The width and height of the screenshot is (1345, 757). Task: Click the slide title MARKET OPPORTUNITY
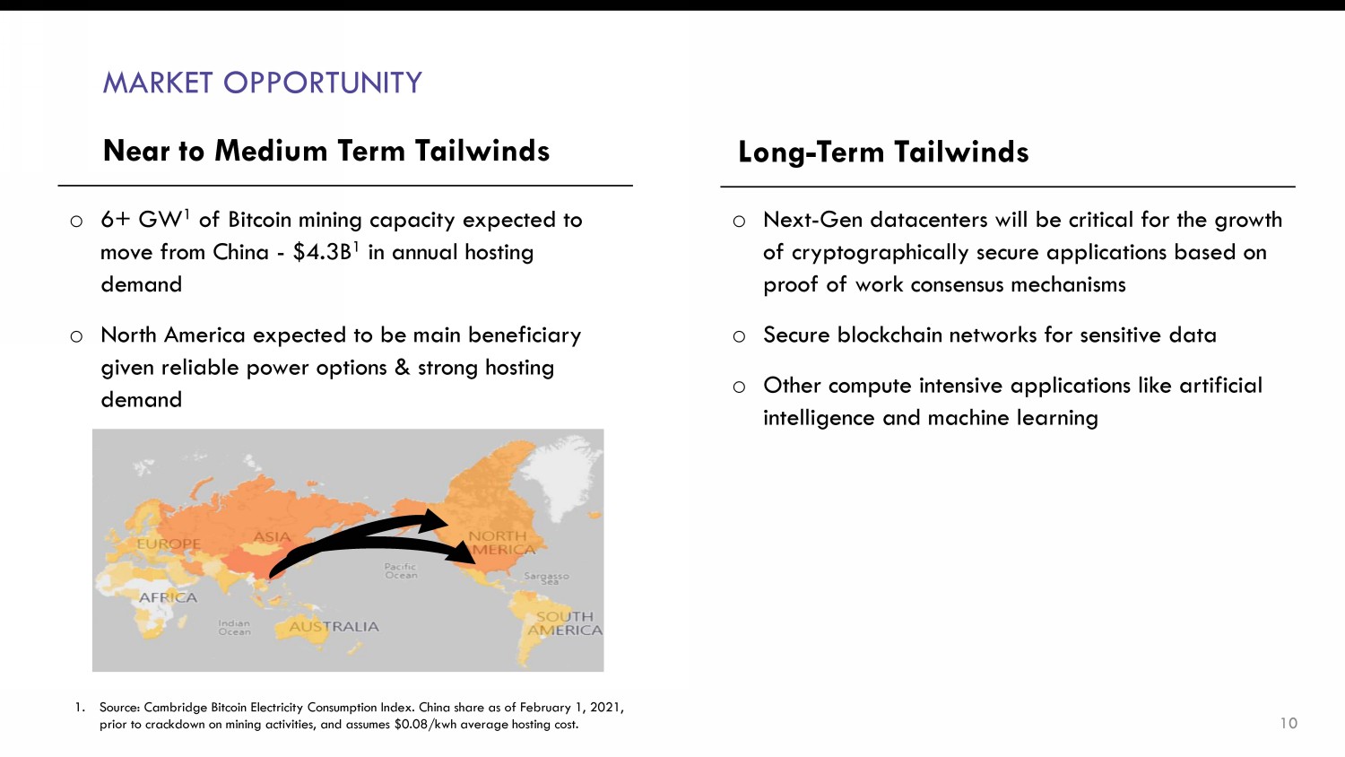coord(263,83)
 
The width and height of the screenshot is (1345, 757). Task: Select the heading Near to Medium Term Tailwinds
coord(326,151)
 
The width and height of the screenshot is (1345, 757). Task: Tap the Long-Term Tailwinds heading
coord(883,152)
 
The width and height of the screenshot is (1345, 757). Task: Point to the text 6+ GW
coord(141,220)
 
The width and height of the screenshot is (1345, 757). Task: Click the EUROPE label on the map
coord(169,544)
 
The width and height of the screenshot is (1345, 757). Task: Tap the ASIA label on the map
coord(272,536)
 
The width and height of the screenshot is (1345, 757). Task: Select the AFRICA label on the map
coord(169,597)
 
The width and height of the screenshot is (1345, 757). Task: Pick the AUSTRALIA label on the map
coord(334,627)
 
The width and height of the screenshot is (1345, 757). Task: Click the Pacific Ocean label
coord(401,570)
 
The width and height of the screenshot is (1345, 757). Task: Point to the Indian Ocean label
coord(234,628)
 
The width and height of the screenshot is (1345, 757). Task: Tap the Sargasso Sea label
coord(546,578)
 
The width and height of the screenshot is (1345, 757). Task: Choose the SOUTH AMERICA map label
coord(564,623)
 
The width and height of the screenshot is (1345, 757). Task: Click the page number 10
coord(1289,723)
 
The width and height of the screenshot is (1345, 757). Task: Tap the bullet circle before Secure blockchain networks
coord(739,336)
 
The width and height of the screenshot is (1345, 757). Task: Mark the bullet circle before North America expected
coord(76,336)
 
